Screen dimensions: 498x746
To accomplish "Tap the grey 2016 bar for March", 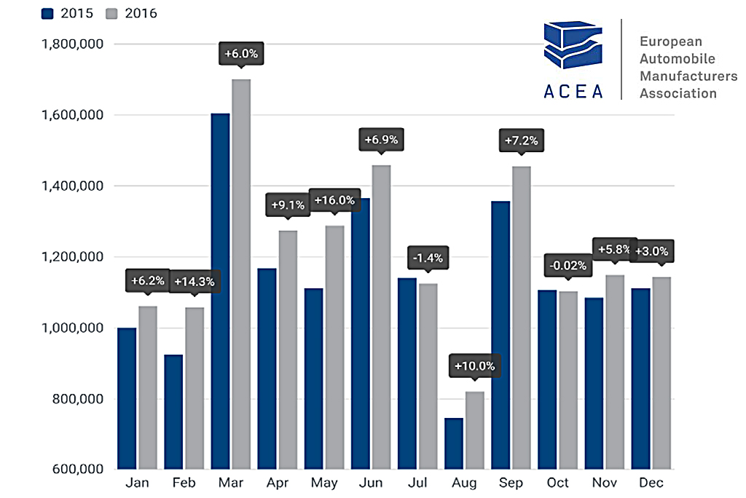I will pyautogui.click(x=241, y=274).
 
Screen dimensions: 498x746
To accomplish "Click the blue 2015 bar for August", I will pyautogui.click(x=454, y=443).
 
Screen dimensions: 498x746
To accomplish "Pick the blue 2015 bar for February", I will pyautogui.click(x=173, y=411).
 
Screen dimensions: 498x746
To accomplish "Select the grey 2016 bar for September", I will pyautogui.click(x=521, y=317).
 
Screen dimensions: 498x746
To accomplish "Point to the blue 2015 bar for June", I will pyautogui.click(x=361, y=333).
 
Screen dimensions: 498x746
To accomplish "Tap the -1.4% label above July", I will pyautogui.click(x=428, y=258).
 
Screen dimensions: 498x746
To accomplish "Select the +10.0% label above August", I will pyautogui.click(x=474, y=366).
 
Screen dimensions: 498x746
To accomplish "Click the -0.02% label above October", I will pyautogui.click(x=568, y=266).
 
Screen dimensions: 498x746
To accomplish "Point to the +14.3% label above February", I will pyautogui.click(x=194, y=281).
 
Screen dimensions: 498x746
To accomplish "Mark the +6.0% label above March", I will pyautogui.click(x=240, y=54).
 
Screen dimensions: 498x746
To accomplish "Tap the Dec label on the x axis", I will pyautogui.click(x=651, y=483).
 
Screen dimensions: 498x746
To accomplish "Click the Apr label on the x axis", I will pyautogui.click(x=278, y=483).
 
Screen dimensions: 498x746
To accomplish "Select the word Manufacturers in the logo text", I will pyautogui.click(x=688, y=76).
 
